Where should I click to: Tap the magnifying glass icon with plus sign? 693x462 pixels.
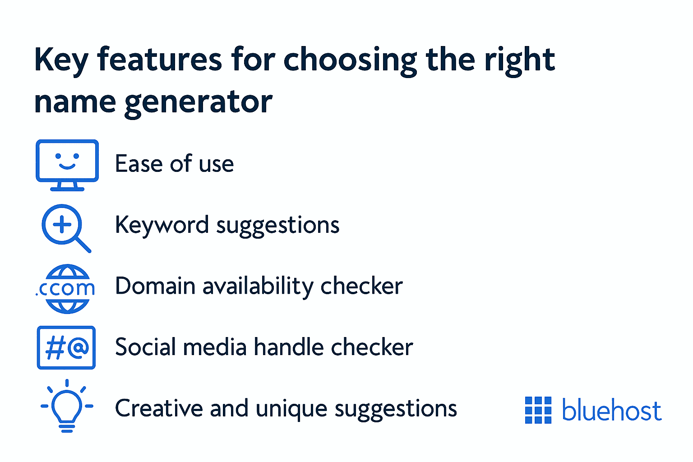pos(65,227)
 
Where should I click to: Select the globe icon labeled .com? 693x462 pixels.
pos(67,289)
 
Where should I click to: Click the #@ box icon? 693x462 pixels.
pos(66,347)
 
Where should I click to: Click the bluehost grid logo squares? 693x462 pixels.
pos(538,410)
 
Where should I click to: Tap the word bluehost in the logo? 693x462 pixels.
pos(611,410)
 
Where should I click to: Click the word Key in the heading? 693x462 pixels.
pos(61,60)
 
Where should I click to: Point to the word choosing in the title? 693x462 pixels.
pos(350,60)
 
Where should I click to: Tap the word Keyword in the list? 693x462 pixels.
pos(162,225)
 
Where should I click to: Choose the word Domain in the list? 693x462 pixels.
pos(155,286)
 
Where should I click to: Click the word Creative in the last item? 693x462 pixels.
pos(158,408)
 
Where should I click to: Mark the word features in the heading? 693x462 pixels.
pos(159,60)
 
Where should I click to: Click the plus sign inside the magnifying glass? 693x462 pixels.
pos(62,224)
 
